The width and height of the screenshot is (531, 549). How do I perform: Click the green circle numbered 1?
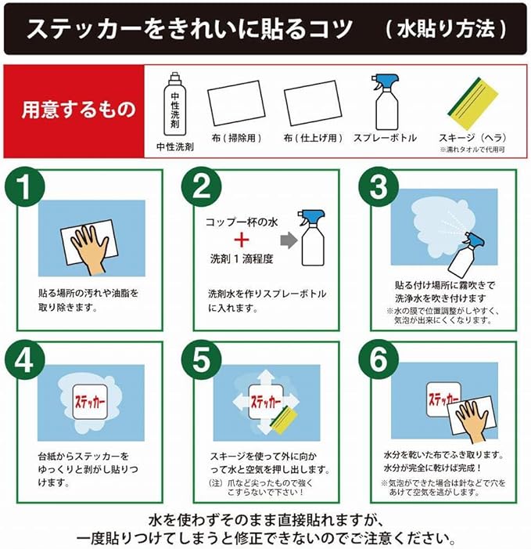click(25, 186)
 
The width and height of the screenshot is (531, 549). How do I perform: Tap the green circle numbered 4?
click(25, 359)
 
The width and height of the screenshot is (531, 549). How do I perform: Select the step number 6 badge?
click(379, 359)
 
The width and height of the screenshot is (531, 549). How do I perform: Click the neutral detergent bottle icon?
click(175, 103)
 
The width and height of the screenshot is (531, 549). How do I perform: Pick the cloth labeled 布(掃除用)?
click(236, 103)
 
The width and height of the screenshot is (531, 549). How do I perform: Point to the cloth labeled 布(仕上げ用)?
click(313, 103)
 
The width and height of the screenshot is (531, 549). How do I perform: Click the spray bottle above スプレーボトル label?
click(386, 103)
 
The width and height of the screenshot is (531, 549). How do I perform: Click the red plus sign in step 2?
click(242, 240)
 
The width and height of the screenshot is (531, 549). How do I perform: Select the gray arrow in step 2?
click(289, 240)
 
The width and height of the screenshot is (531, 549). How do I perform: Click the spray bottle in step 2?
click(312, 237)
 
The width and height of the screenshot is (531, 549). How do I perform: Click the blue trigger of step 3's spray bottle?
click(475, 240)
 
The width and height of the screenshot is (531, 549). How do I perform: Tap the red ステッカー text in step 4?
click(90, 402)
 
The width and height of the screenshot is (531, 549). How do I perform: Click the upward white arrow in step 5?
click(267, 378)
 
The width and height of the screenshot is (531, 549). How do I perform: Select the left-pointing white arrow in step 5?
click(241, 402)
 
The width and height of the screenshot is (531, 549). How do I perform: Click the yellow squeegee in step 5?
click(284, 420)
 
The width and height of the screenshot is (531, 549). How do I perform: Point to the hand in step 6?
click(472, 420)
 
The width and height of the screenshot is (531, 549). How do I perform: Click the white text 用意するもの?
click(78, 109)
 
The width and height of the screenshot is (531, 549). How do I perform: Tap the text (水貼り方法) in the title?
click(447, 29)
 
